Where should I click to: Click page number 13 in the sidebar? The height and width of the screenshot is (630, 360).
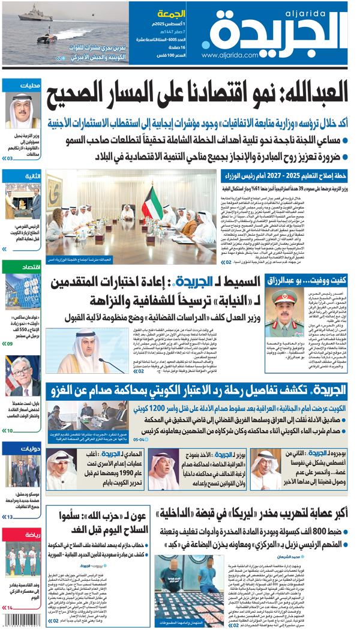click(x=8, y=517)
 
